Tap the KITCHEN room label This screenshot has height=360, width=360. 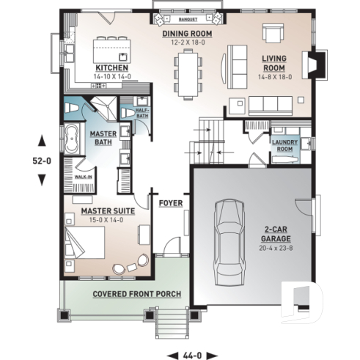coord(107,67)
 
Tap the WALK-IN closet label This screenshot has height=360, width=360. coord(84,177)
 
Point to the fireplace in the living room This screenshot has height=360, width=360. coord(314,67)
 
